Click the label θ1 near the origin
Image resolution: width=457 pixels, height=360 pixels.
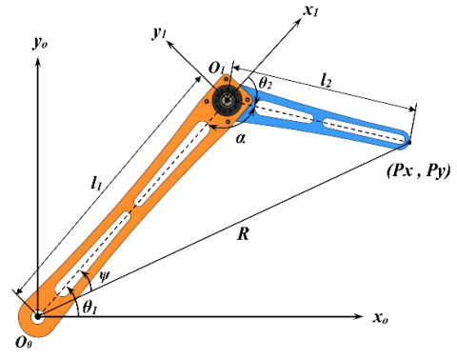pyautogui.click(x=89, y=308)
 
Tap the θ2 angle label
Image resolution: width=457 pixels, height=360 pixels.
pyautogui.click(x=265, y=83)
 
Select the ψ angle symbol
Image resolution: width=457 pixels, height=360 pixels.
pyautogui.click(x=104, y=276)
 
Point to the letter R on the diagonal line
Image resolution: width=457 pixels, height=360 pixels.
pyautogui.click(x=243, y=234)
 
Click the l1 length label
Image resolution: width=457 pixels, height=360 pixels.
pyautogui.click(x=96, y=183)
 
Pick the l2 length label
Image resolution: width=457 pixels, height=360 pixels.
pyautogui.click(x=326, y=80)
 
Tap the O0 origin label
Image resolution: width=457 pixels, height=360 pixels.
pyautogui.click(x=24, y=342)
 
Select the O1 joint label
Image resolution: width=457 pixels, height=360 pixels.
pyautogui.click(x=217, y=68)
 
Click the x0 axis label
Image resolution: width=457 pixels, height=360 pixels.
pyautogui.click(x=380, y=317)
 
